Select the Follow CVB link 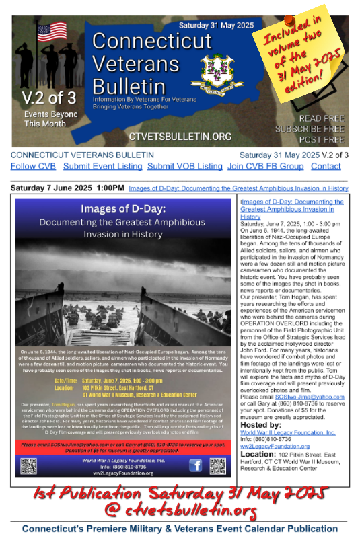[x=34, y=166]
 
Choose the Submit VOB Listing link [x=184, y=166]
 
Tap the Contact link [x=326, y=166]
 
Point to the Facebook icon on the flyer [x=195, y=465]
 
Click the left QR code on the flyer [x=28, y=465]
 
